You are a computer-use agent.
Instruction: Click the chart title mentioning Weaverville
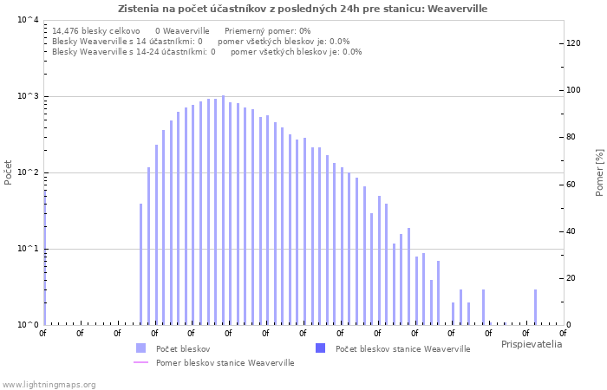303,9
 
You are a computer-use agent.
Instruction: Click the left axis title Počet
9,172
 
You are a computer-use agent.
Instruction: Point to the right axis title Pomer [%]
599,172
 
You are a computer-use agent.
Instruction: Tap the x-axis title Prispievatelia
531,344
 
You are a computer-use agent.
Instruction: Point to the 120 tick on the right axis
574,43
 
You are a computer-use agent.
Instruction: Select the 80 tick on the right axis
571,137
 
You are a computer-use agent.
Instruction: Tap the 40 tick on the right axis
571,231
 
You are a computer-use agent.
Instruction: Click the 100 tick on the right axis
574,90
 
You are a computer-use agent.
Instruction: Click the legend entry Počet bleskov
183,348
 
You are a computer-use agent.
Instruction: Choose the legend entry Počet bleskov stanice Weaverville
402,348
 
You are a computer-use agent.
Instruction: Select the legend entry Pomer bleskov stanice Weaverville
225,363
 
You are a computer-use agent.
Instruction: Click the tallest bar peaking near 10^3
223,208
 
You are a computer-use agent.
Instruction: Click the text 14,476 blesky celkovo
95,30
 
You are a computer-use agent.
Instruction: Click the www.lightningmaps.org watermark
49,384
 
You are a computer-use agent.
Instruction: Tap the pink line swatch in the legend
141,363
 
